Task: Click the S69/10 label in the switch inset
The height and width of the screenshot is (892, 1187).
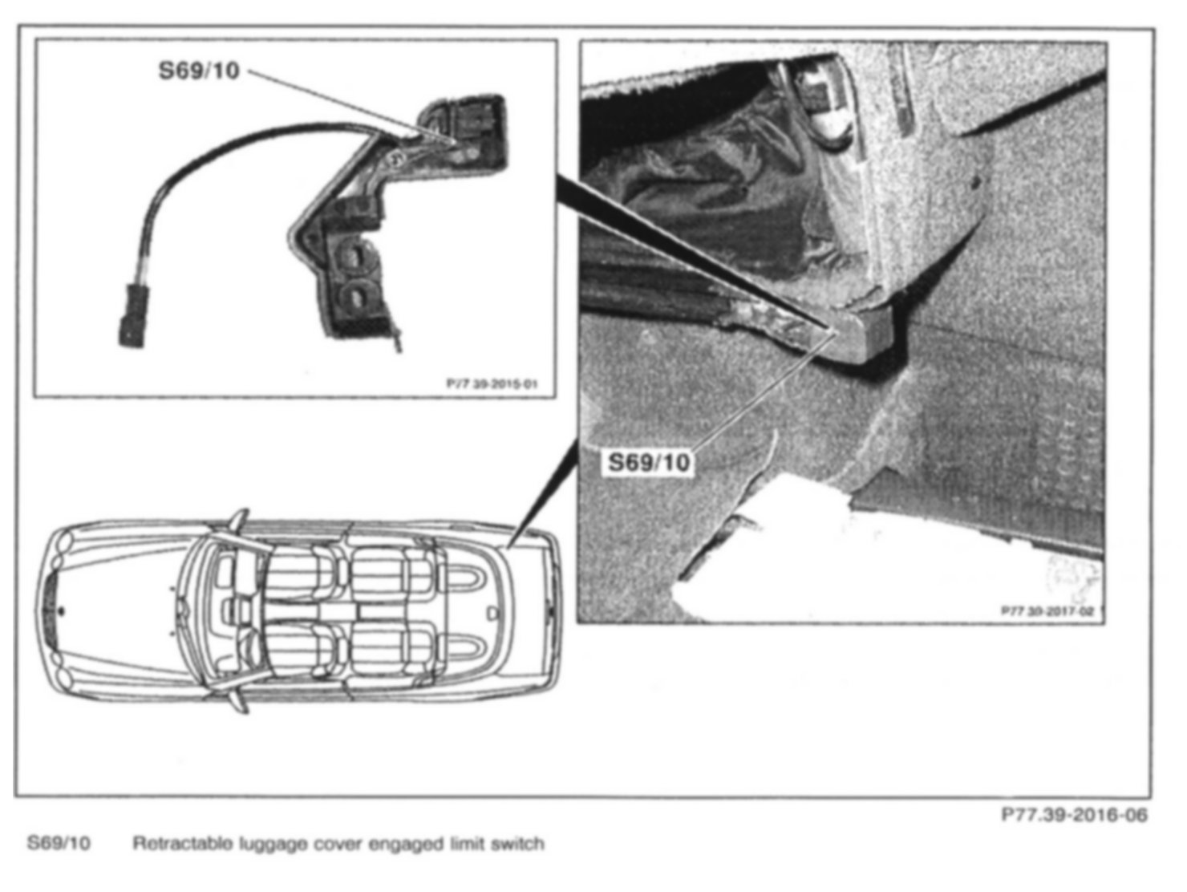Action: (199, 71)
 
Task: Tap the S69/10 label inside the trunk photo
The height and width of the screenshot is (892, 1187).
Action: (648, 462)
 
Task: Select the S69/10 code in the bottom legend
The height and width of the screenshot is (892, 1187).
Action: (59, 843)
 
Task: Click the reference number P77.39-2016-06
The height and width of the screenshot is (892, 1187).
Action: (1074, 815)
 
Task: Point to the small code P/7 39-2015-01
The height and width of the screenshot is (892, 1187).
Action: (492, 384)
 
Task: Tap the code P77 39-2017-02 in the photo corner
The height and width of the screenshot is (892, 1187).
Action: (1047, 610)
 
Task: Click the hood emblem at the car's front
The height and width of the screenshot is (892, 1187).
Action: (62, 610)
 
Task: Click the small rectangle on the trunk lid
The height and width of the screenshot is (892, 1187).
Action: (491, 612)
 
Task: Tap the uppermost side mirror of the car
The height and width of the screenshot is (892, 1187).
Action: (238, 517)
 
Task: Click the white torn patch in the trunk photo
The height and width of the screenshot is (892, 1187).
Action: (770, 553)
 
